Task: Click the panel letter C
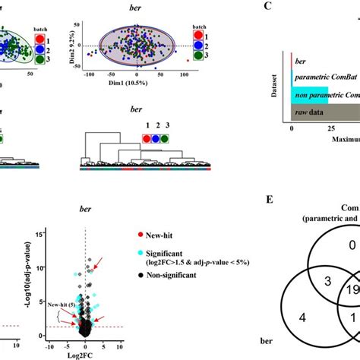point(268,6)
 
